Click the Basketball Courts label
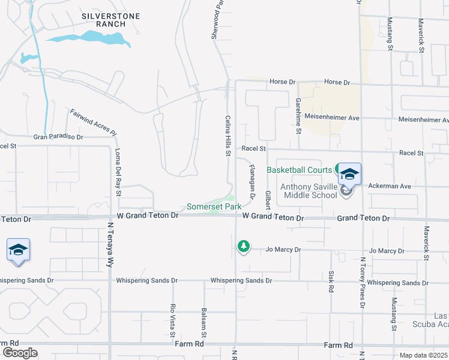tap(300, 170)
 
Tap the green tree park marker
tap(243, 246)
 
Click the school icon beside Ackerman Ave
tap(349, 175)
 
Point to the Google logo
tap(20, 353)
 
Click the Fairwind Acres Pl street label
tap(92, 122)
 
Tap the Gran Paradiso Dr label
tap(58, 137)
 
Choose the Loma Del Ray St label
tap(118, 172)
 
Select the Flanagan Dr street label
tap(253, 182)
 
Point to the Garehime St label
tap(298, 115)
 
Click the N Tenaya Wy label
tap(110, 242)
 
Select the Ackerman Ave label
tap(390, 187)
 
